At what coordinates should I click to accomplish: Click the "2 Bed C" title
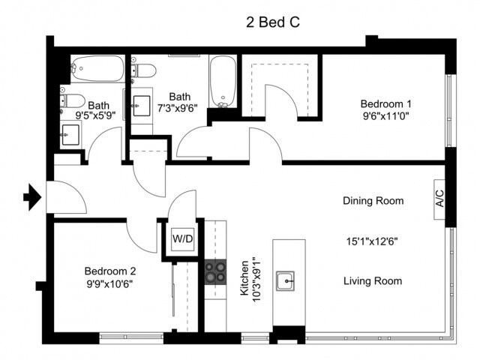point(273,22)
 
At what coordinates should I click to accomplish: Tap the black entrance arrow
point(32,197)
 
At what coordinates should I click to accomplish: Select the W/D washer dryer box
point(183,239)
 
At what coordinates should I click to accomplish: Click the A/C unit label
point(439,199)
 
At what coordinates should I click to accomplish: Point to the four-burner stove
point(215,272)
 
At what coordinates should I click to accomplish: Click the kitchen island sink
point(285,280)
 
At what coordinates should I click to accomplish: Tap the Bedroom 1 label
point(385,103)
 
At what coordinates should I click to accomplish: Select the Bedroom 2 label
point(110,271)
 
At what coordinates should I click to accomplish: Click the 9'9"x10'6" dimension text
point(109,284)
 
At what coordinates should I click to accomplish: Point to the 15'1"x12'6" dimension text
point(372,241)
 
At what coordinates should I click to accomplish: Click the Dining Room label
point(373,201)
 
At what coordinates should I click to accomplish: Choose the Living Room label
point(373,281)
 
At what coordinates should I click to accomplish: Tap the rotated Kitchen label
point(244,278)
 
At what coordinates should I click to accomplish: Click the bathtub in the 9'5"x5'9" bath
point(98,68)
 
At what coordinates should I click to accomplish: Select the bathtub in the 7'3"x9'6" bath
point(223,81)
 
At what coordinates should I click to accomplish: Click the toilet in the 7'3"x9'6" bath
point(143,70)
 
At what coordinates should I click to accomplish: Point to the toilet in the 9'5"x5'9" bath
point(73,100)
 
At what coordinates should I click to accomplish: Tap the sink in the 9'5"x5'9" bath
point(70,135)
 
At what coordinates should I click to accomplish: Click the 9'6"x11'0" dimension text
point(385,117)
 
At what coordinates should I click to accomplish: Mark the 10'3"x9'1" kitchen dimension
point(257,279)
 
